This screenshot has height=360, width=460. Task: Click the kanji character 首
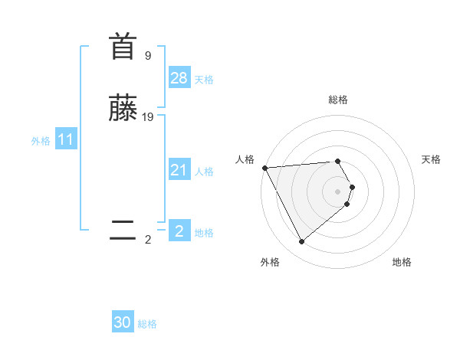pos(123,47)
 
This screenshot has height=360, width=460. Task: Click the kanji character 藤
pos(123,109)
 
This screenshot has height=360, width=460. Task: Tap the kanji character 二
pos(123,231)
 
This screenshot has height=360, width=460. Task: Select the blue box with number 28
pos(179,78)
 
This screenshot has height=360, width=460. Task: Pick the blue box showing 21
pos(179,170)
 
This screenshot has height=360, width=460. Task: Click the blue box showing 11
pos(66,140)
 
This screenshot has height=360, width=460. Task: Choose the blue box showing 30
pos(123,322)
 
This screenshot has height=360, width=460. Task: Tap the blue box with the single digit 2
pos(179,231)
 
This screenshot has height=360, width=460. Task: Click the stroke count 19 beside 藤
pos(148,117)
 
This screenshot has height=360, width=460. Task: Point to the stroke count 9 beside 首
pos(147,56)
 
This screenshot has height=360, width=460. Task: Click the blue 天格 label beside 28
pos(204,80)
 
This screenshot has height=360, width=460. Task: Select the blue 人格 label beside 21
pos(204,172)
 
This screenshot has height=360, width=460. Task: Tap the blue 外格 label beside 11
pos(41,141)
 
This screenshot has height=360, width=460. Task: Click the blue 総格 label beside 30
pos(147,324)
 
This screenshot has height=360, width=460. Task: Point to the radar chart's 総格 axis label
pos(338,100)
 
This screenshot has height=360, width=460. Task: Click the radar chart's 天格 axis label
pos(432,159)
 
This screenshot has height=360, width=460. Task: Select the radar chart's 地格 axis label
pos(402,262)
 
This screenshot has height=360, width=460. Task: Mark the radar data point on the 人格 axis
pos(264,168)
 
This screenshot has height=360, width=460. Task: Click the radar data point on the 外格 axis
pos(302,242)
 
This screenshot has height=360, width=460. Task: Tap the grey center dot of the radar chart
pos(338,191)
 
